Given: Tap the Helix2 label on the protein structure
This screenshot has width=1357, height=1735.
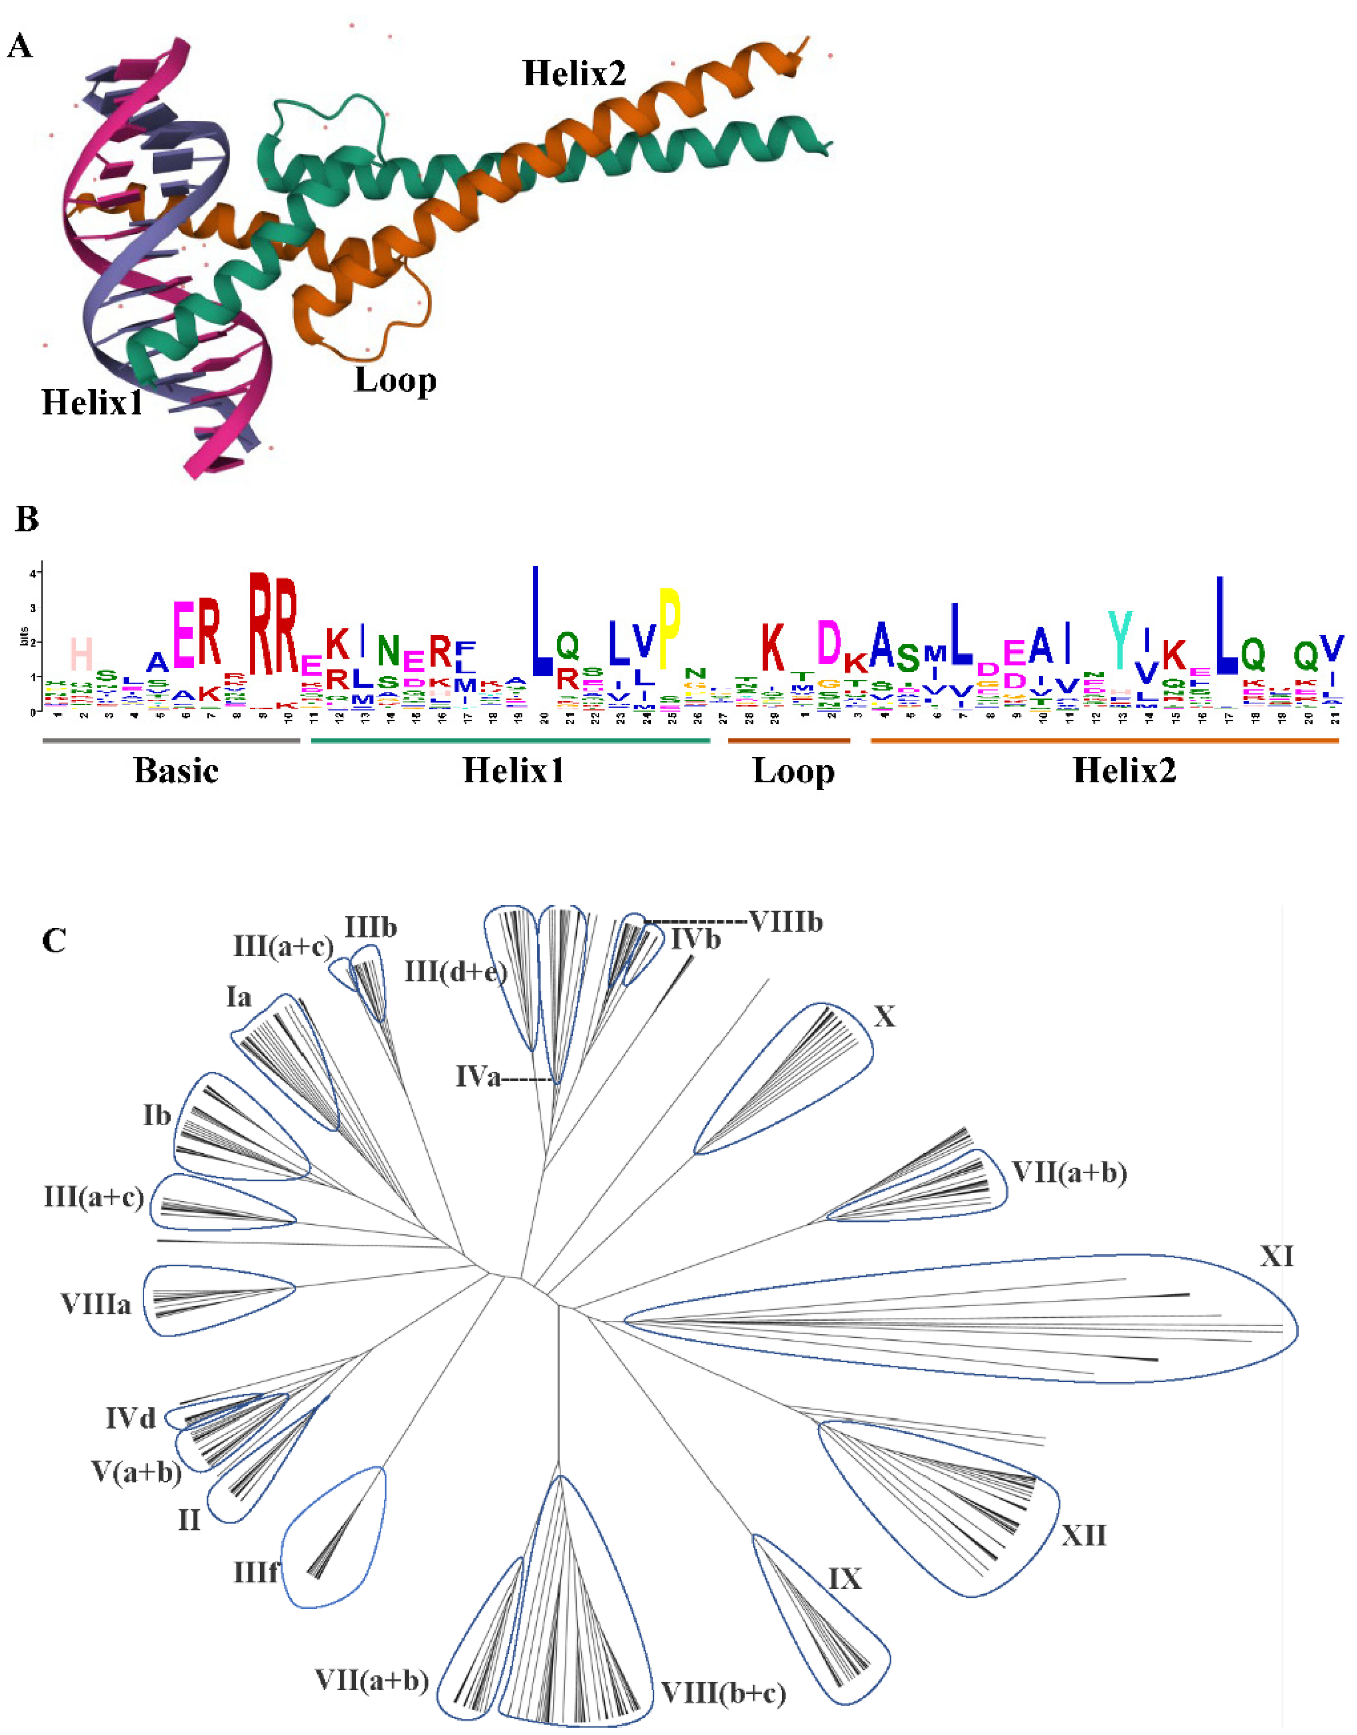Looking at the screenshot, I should (x=574, y=74).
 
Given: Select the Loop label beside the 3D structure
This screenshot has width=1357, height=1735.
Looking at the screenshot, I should (x=395, y=381).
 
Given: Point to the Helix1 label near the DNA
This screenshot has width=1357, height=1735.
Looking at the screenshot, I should (x=92, y=403).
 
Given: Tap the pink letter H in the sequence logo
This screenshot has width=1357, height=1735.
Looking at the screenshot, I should (x=81, y=655).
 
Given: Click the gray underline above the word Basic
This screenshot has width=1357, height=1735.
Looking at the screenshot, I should (x=171, y=741).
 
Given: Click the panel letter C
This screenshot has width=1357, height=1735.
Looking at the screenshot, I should (x=54, y=940).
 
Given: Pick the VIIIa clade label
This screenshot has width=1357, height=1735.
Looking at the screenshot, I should (x=95, y=1304).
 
